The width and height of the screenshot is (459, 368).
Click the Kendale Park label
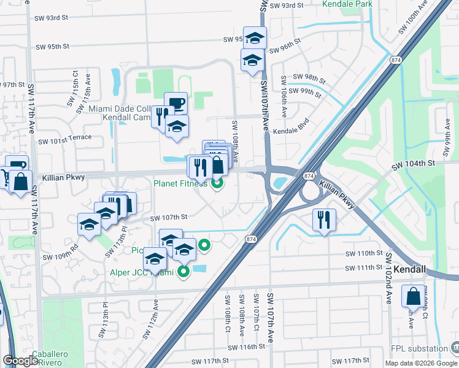[x=347, y=4]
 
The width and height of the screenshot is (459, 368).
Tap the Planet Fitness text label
[x=180, y=182]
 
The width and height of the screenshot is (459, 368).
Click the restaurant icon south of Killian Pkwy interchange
[x=324, y=219]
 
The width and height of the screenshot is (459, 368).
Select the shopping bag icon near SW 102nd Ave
[x=414, y=296]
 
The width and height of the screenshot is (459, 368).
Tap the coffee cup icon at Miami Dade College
[x=175, y=102]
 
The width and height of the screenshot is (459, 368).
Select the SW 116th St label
[x=246, y=347]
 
